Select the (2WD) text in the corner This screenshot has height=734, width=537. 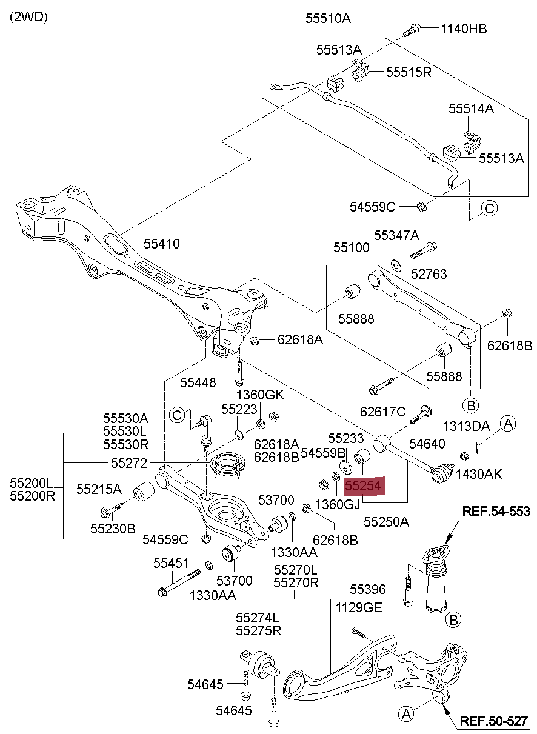point(28,16)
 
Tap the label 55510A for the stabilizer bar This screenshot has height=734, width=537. point(328,18)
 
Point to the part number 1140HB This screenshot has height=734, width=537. point(464,28)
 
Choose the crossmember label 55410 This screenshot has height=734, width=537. point(162,244)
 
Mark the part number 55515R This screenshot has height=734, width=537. point(409,73)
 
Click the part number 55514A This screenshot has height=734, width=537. point(471,109)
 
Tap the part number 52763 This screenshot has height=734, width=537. point(429,274)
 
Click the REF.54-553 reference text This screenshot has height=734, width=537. point(496,512)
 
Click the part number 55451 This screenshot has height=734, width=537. point(172,562)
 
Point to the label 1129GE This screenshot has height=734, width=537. point(359,607)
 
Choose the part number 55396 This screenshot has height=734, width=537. point(368,589)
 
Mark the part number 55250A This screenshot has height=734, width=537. point(387,521)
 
